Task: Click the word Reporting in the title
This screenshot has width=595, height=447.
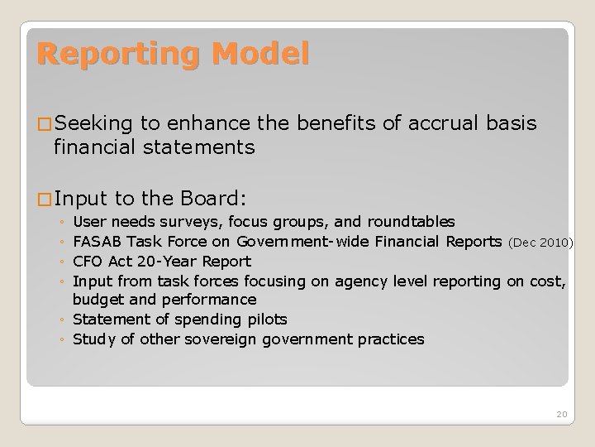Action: click(117, 55)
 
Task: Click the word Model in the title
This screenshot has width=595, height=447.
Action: click(259, 55)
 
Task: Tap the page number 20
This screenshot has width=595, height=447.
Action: click(561, 413)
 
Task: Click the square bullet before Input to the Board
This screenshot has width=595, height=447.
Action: click(45, 199)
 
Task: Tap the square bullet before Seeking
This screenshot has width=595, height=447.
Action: click(45, 124)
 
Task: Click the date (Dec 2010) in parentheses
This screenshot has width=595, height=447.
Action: click(541, 243)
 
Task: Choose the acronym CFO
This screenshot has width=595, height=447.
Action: click(88, 262)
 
